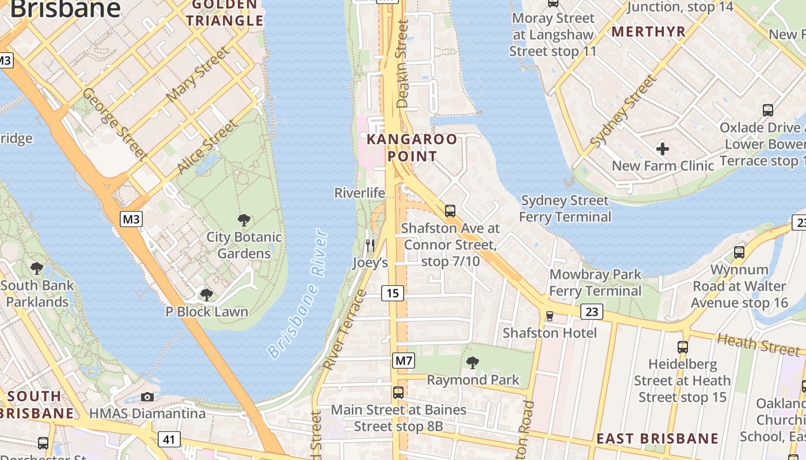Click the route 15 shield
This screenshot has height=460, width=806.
[393, 293]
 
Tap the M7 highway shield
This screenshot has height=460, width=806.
[404, 361]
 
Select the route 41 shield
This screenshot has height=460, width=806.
[169, 440]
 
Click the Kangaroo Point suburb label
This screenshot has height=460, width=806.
[412, 147]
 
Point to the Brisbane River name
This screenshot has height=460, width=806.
[298, 294]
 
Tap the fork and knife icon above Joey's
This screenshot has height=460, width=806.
[370, 245]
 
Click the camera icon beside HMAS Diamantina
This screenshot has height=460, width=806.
[147, 397]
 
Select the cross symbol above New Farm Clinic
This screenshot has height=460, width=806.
[663, 149]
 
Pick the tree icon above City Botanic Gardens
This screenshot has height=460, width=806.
[244, 220]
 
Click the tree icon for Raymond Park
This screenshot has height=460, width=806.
[473, 362]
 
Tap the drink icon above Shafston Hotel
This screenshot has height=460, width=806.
[549, 316]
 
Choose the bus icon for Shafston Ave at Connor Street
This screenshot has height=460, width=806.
[450, 210]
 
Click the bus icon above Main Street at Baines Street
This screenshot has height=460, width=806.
[398, 393]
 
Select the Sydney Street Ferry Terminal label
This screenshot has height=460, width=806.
[565, 209]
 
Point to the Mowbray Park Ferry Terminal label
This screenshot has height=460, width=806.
[595, 282]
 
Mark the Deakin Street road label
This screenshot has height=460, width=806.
[402, 64]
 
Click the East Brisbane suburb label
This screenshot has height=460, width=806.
[657, 439]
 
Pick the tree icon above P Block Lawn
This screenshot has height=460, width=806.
[206, 295]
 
